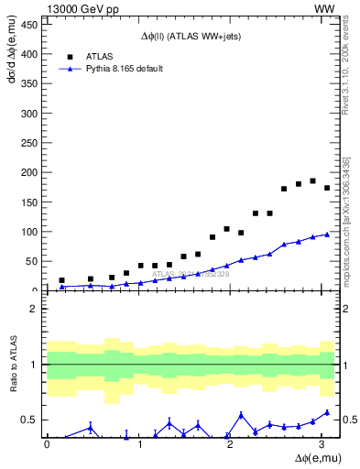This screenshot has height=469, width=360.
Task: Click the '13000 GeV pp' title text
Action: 82,8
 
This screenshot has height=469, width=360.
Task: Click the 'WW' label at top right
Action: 326,8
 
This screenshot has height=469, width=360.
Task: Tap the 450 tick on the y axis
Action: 28,25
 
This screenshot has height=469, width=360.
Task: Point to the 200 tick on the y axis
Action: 28,172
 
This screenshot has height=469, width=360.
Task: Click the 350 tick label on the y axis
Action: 28,84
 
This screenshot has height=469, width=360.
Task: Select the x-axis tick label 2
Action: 231,443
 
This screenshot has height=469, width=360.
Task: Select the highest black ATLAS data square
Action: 312,181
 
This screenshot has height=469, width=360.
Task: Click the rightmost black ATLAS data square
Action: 327,188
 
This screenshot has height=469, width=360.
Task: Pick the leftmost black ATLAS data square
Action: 61,280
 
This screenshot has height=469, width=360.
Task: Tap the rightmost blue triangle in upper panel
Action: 327,234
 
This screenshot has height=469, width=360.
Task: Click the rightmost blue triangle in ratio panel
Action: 327,412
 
